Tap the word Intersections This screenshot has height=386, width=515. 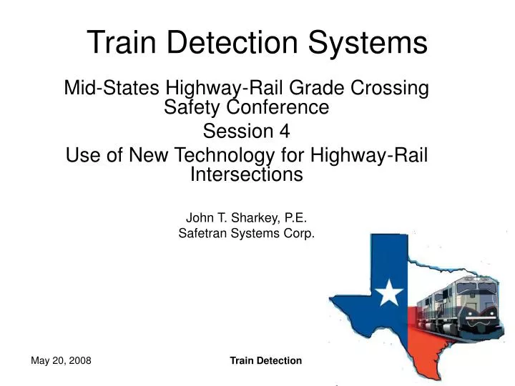click(247, 174)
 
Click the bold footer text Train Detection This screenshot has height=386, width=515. click(265, 360)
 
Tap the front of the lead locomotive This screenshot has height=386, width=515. click(476, 300)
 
